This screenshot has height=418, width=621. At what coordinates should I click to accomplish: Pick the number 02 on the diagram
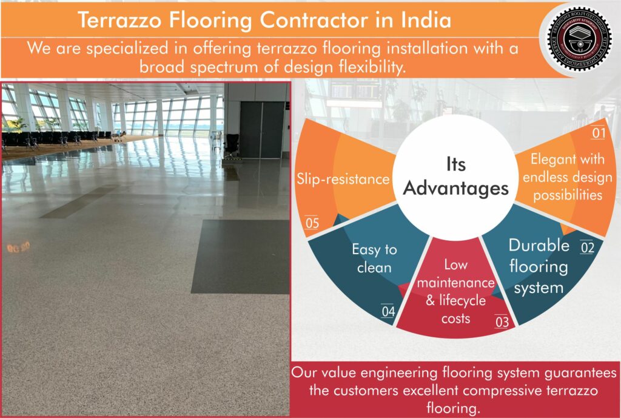pyautogui.click(x=586, y=247)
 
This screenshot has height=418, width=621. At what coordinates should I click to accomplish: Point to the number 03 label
pyautogui.click(x=502, y=322)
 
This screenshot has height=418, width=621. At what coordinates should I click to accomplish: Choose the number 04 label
pyautogui.click(x=388, y=312)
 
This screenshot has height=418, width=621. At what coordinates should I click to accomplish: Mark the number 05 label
pyautogui.click(x=312, y=223)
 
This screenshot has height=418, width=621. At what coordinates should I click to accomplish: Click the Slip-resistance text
pyautogui.click(x=343, y=180)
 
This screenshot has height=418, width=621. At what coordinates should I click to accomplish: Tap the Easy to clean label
pyautogui.click(x=374, y=258)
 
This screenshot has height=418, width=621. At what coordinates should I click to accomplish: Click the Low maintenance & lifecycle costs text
pyautogui.click(x=456, y=292)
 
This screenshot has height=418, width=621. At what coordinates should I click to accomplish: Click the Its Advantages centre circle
pyautogui.click(x=456, y=176)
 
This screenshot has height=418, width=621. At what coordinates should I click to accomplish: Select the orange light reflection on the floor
pyautogui.click(x=18, y=247)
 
